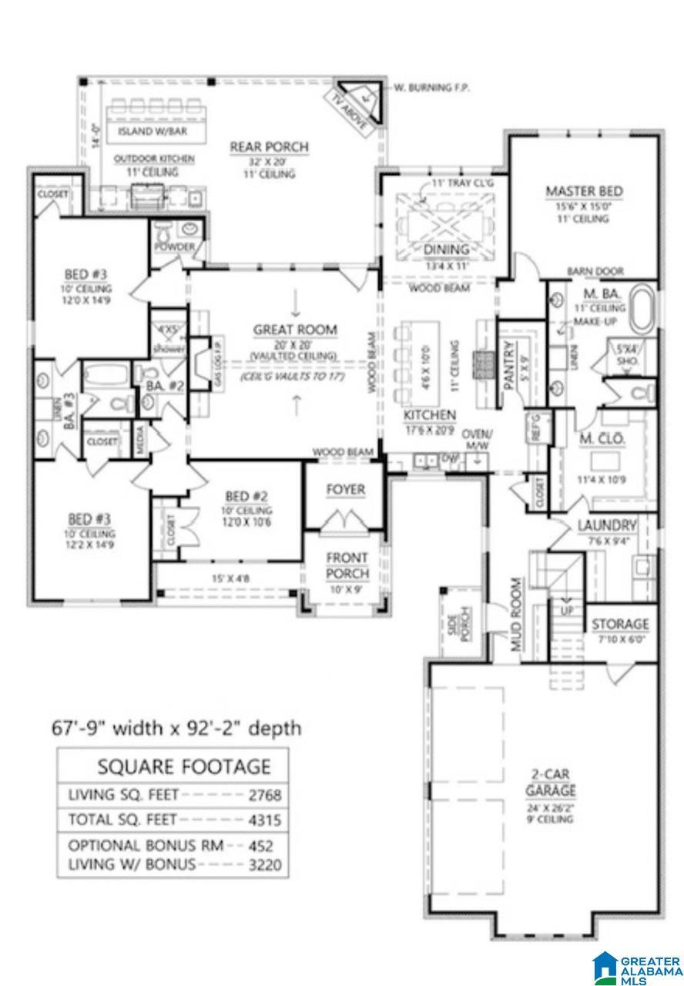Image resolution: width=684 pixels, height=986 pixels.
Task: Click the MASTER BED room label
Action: (584, 192)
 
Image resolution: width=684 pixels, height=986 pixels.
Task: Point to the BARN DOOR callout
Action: (595, 271)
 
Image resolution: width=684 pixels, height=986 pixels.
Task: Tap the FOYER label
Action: (344, 490)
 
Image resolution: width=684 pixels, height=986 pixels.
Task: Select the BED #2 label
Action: (246, 496)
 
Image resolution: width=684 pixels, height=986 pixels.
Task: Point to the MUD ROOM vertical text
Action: (516, 615)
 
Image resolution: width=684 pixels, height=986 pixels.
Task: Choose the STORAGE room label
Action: (619, 624)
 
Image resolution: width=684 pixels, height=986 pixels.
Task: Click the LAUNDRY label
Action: (607, 526)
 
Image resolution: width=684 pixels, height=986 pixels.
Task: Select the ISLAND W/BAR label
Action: (151, 132)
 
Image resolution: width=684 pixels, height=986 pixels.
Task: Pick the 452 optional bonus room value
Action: (260, 845)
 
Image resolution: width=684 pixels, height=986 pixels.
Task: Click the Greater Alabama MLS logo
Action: (635, 966)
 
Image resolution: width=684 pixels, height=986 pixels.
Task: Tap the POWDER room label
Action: (174, 247)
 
